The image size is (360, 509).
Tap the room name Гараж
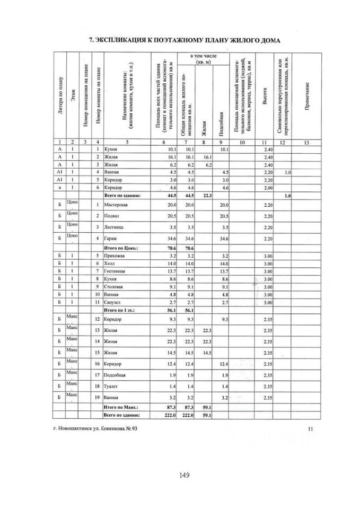(111, 239)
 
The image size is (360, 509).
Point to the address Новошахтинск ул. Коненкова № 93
(95, 428)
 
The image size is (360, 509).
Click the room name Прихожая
(115, 256)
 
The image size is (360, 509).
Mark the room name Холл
(110, 264)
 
